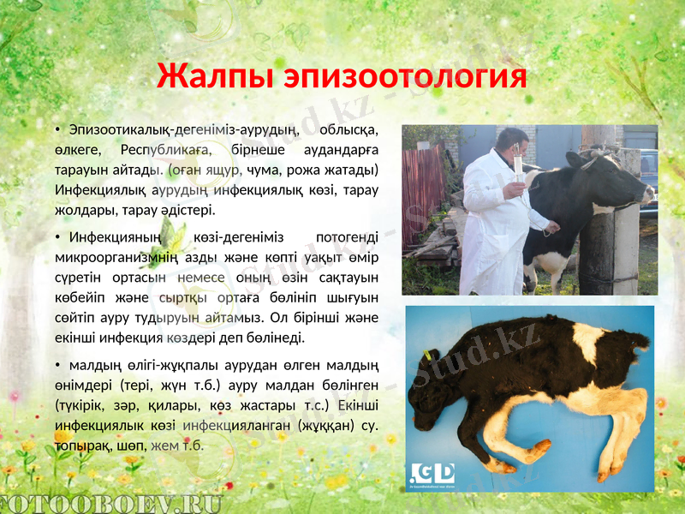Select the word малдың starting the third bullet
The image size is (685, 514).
click(x=95, y=366)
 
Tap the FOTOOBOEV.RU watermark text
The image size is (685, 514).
click(x=111, y=504)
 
